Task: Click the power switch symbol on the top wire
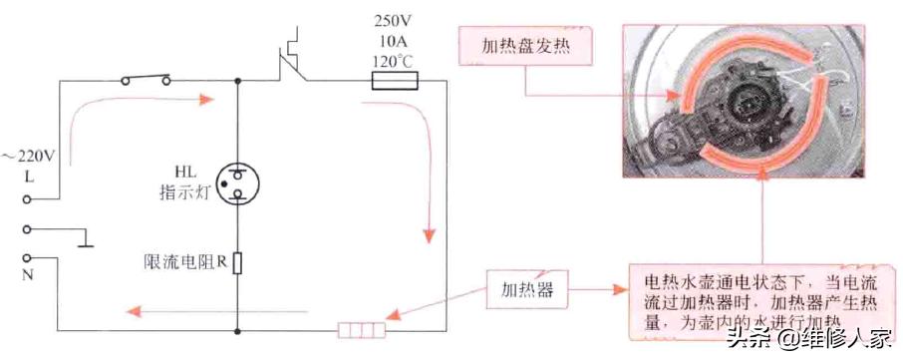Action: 144,79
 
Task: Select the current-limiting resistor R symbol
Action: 237,264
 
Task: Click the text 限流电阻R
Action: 183,264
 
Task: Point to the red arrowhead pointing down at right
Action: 429,236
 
